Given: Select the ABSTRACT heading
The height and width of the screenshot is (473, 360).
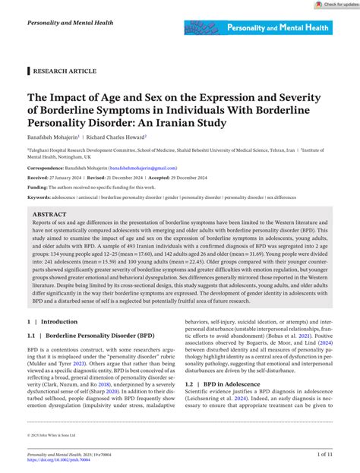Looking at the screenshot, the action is click(49, 216).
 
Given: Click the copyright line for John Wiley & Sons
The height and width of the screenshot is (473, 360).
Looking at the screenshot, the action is click(55, 437).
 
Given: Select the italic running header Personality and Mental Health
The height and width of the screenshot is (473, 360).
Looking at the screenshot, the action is click(70, 24).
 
